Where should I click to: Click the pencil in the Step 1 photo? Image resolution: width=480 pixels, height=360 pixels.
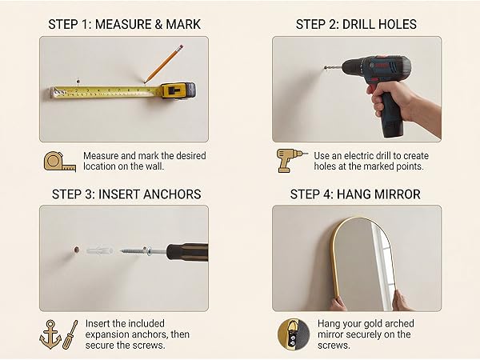point(164,64)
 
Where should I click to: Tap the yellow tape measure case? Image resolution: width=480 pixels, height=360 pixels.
point(178,90)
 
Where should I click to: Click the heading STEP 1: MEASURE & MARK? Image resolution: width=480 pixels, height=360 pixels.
point(124,25)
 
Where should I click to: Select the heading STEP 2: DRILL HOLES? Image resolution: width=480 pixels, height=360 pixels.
point(356,25)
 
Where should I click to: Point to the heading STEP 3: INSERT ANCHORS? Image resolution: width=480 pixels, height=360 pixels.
point(126,194)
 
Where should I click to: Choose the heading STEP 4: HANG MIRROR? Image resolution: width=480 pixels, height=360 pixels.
point(355,194)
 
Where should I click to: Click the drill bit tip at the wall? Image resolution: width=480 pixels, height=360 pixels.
point(325,68)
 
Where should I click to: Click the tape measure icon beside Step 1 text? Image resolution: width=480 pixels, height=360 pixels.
point(60,162)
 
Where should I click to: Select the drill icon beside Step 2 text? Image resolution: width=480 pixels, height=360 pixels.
point(291,161)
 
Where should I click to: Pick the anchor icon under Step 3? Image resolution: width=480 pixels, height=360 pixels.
point(50,334)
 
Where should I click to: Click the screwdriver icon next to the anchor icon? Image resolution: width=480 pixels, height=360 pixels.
point(70,335)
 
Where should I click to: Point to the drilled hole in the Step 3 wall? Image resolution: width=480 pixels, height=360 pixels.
point(77,250)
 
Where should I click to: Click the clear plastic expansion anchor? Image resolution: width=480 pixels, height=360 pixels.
point(99,251)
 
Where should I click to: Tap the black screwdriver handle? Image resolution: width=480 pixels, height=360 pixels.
point(187,252)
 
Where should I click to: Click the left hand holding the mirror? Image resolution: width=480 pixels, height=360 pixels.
point(338,304)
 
